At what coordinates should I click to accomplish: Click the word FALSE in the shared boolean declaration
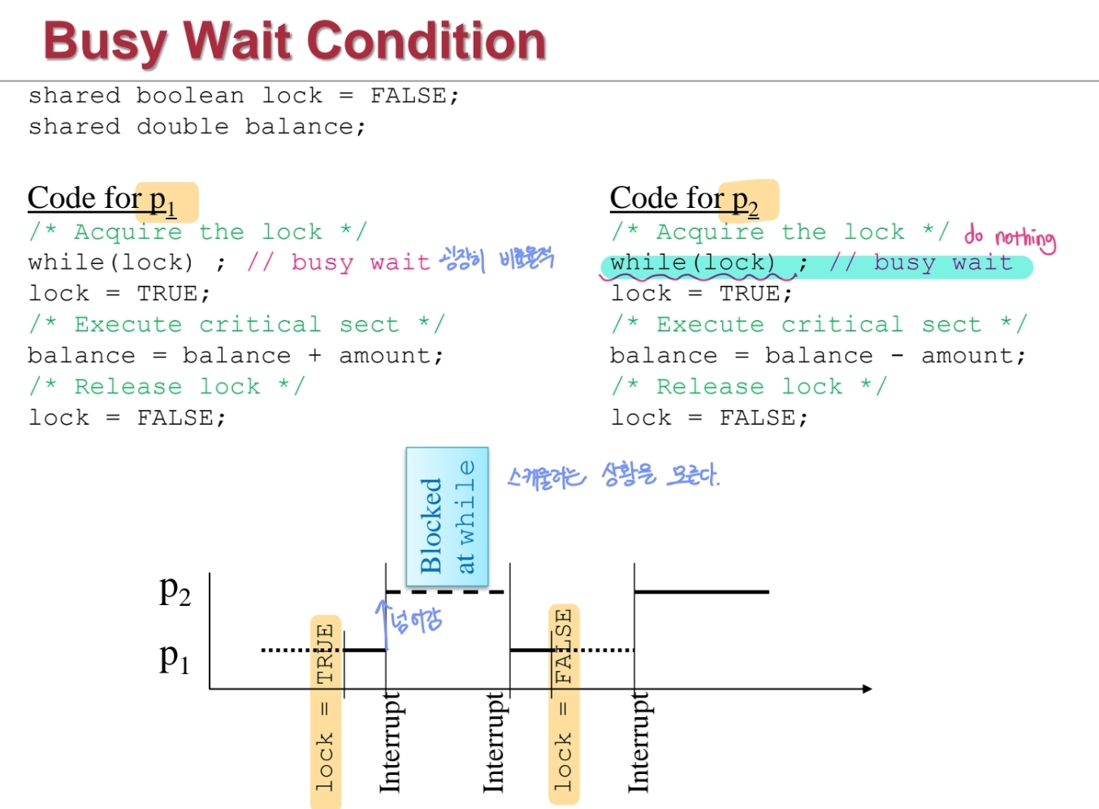click(x=408, y=96)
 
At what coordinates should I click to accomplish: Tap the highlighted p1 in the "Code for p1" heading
click(x=163, y=200)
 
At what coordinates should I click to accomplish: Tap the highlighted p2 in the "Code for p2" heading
click(x=746, y=200)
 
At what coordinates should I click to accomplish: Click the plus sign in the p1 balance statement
click(x=314, y=356)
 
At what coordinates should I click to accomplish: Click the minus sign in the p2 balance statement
click(x=897, y=356)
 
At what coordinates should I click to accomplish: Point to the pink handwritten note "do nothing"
click(x=1010, y=236)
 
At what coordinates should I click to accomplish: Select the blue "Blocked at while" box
click(x=447, y=517)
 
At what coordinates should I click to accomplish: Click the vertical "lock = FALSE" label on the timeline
click(x=564, y=703)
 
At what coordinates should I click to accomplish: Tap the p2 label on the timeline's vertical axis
click(x=175, y=591)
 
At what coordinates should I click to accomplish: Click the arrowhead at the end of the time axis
click(x=867, y=689)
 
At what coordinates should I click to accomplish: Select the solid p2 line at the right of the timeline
click(x=700, y=592)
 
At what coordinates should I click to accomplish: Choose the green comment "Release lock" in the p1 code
click(x=167, y=387)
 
